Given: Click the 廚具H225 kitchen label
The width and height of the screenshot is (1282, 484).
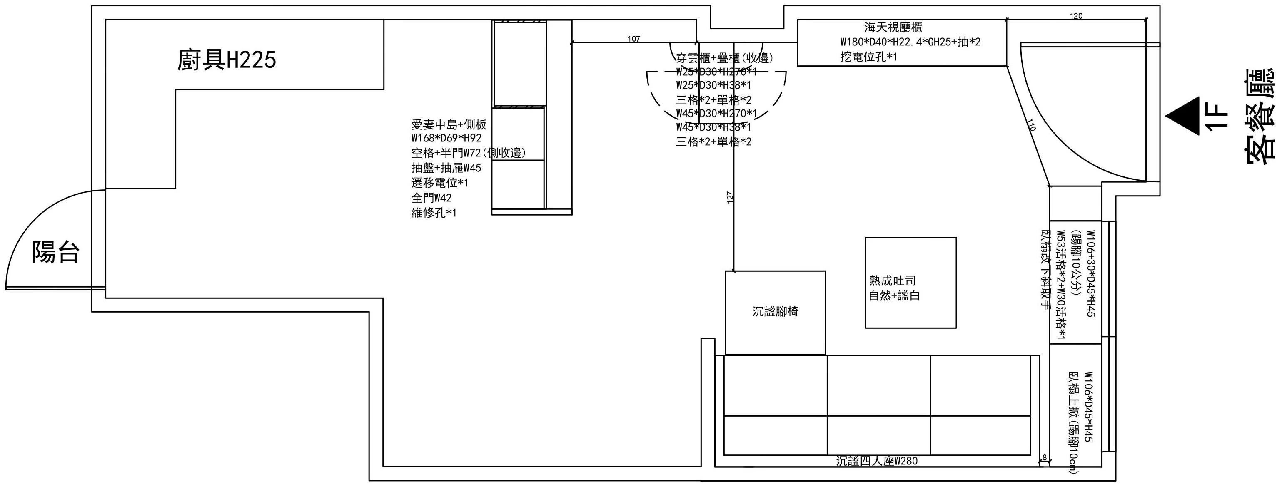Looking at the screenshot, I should [x=227, y=61].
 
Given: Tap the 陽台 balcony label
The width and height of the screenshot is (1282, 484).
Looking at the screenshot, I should [x=56, y=252].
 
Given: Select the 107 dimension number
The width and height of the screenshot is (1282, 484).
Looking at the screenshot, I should [x=634, y=39].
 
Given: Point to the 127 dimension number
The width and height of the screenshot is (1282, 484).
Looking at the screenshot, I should [x=730, y=198].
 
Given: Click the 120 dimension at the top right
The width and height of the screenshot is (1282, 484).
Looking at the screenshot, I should [x=1076, y=16].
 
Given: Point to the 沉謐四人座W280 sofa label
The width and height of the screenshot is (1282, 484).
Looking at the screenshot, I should [x=876, y=461].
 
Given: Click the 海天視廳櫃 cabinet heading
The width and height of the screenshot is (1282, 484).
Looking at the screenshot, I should [x=893, y=27].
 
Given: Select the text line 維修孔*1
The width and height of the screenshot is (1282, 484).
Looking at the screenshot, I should [x=434, y=213].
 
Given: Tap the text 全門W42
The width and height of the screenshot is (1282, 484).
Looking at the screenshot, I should [x=431, y=198].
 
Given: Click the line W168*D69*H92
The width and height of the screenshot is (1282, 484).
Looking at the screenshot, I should [x=446, y=138].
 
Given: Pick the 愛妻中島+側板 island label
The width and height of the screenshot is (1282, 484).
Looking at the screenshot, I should [x=449, y=124].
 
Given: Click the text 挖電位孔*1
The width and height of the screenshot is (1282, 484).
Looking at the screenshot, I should [x=868, y=57].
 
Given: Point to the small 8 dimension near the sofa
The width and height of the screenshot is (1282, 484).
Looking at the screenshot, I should [x=1044, y=457].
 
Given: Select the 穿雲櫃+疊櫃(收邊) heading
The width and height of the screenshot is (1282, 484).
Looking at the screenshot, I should [x=724, y=58].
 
